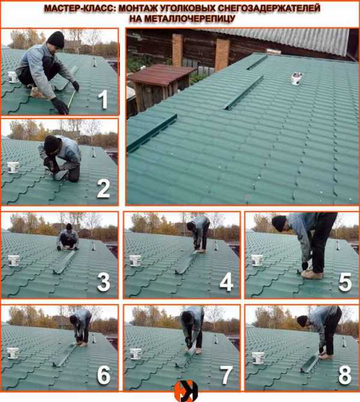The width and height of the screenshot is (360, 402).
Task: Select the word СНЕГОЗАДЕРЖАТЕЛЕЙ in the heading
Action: click(x=269, y=8)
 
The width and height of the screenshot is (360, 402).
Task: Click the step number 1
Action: click(x=103, y=100)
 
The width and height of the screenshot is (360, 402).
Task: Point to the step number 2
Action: click(x=103, y=188)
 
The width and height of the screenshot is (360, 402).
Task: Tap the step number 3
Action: click(x=104, y=282)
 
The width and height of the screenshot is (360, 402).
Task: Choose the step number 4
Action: click(x=227, y=282)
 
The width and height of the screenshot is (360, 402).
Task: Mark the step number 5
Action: click(x=345, y=282)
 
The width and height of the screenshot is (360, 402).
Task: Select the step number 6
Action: click(x=104, y=375)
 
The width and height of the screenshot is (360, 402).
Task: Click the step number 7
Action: click(x=227, y=375)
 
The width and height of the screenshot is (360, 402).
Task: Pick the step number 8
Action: click(x=345, y=375)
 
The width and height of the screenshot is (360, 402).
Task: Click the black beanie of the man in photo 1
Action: click(x=56, y=40)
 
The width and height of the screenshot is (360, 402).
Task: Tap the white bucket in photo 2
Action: click(x=13, y=167)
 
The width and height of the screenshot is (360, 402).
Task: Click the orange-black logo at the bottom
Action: click(x=186, y=391)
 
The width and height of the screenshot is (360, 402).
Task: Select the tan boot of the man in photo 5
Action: click(x=313, y=275)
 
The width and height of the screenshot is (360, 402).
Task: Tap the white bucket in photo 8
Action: click(x=257, y=358)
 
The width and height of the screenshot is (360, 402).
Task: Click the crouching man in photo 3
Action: click(x=68, y=236)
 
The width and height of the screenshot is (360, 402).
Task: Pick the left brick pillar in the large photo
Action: click(x=177, y=50)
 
